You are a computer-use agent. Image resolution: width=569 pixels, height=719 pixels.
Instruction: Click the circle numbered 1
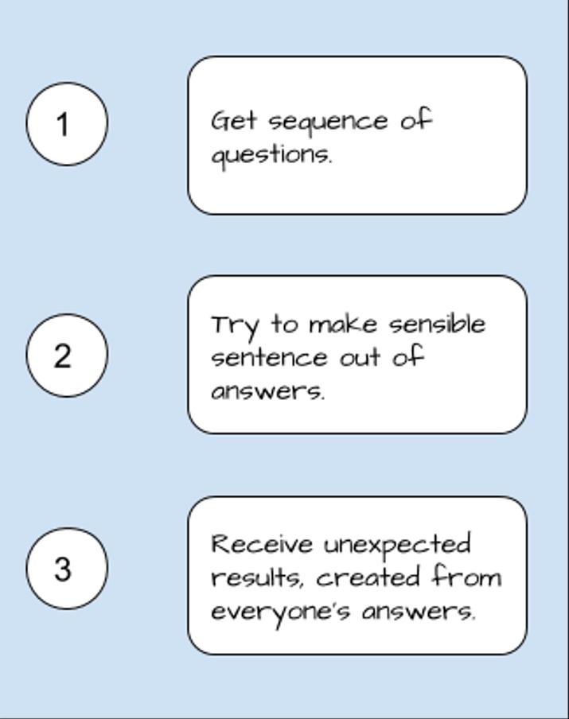(x=67, y=124)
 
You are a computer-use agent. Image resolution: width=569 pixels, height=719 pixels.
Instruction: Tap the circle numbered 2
(x=67, y=356)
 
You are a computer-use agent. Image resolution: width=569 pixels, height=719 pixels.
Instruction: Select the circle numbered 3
(x=67, y=569)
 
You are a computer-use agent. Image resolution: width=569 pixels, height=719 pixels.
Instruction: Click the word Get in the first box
(x=233, y=121)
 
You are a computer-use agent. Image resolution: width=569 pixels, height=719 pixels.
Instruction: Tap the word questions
(x=271, y=156)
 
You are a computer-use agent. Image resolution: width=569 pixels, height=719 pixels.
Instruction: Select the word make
(x=343, y=325)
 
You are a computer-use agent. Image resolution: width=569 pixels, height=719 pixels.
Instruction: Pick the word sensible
(x=438, y=324)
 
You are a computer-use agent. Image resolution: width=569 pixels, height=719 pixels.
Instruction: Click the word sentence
(x=269, y=358)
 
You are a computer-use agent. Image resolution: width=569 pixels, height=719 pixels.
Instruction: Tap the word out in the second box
(x=360, y=358)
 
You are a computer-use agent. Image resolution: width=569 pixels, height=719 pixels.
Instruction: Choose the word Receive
(x=262, y=544)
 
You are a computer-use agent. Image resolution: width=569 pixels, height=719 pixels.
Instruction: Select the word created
(x=368, y=577)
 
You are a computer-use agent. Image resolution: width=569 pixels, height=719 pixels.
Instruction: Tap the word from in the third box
(x=466, y=577)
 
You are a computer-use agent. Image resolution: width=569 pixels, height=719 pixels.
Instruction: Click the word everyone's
(x=280, y=613)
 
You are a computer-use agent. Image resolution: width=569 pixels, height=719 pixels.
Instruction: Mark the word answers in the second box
(x=268, y=391)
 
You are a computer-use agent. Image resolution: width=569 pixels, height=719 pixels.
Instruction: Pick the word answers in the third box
(x=418, y=612)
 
